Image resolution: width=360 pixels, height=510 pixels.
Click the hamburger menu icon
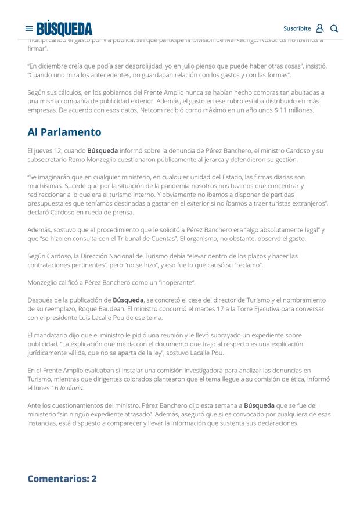click(29, 28)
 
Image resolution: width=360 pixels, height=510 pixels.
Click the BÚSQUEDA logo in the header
click(64, 28)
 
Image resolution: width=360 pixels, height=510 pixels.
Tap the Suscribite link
click(297, 28)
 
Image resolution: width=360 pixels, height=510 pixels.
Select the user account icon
click(319, 28)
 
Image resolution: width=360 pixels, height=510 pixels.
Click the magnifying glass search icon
click(334, 28)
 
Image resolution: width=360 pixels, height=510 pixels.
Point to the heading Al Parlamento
click(64, 132)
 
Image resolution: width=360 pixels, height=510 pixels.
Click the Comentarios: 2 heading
click(62, 479)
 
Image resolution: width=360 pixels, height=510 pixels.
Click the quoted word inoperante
click(176, 282)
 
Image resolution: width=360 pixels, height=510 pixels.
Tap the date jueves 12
click(56, 150)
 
